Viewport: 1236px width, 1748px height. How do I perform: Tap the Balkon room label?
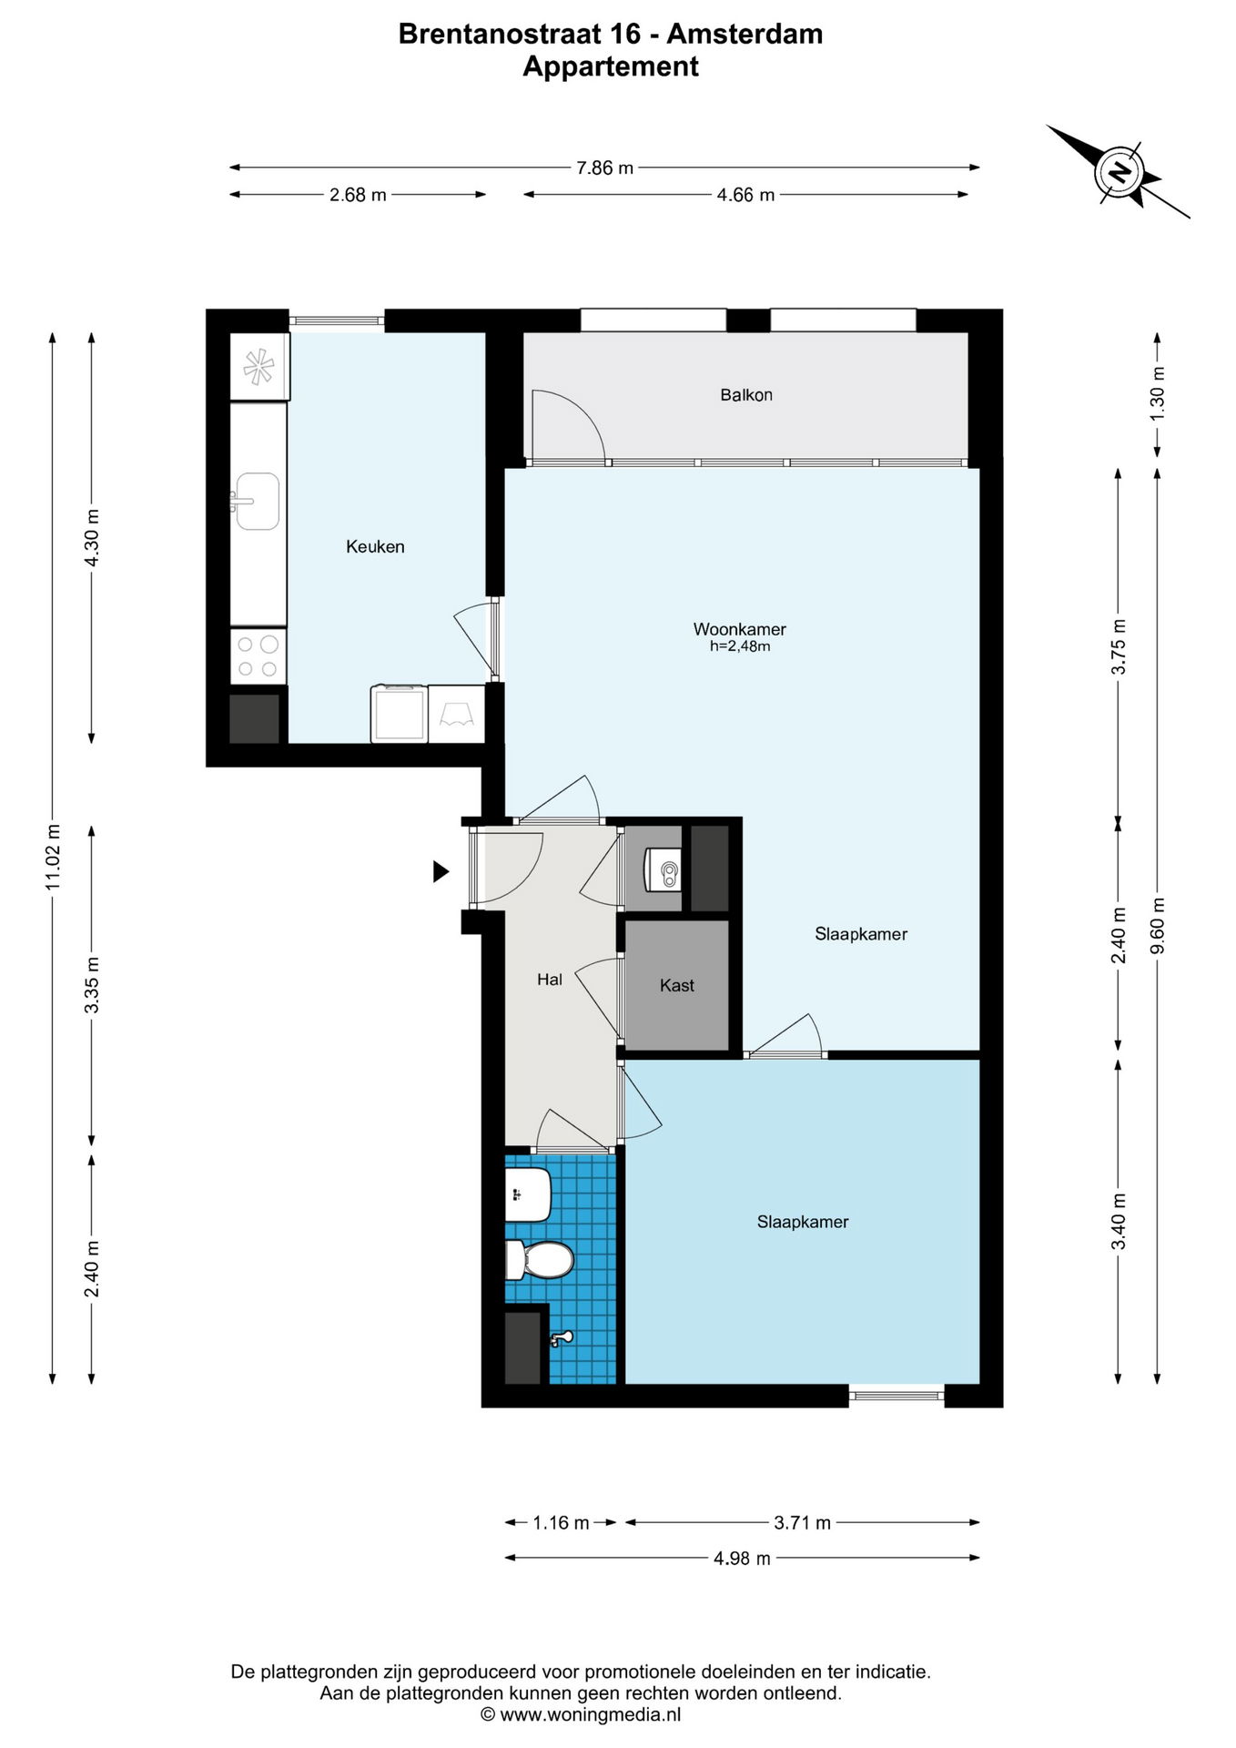tap(746, 395)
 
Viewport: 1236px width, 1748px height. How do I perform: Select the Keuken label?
tap(375, 546)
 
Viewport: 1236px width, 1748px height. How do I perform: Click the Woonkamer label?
tap(739, 629)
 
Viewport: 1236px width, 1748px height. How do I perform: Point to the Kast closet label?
tap(676, 985)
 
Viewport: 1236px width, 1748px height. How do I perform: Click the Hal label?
tap(550, 980)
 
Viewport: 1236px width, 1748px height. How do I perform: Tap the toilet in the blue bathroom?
tap(539, 1260)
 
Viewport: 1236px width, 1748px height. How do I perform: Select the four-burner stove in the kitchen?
tap(258, 656)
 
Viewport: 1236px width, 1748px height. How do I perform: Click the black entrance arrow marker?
tap(441, 871)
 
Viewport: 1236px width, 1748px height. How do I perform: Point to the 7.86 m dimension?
tap(605, 168)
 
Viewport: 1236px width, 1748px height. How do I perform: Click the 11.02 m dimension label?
tap(53, 857)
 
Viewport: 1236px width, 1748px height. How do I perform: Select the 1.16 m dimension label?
tap(561, 1523)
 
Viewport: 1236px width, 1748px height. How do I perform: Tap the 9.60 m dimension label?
tap(1158, 925)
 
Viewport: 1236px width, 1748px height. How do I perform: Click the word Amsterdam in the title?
tap(745, 34)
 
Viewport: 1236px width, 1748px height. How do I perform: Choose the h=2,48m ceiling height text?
tap(740, 646)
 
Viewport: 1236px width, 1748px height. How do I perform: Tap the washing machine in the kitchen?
tap(399, 714)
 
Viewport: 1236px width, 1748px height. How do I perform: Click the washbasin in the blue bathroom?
tap(528, 1194)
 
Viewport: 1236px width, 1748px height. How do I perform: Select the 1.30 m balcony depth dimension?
tap(1158, 393)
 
